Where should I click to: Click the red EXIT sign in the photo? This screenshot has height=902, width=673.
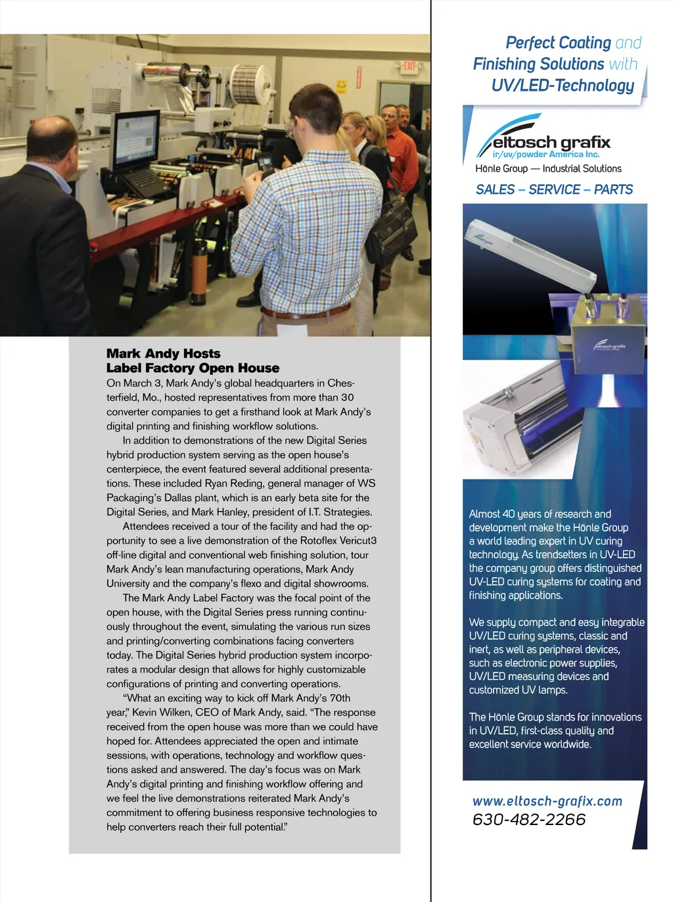coord(410,67)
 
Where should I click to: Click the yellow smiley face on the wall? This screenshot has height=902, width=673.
coord(341,85)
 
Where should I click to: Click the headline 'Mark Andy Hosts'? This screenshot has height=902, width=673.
coord(163,354)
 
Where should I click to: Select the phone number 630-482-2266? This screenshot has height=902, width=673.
coord(528,819)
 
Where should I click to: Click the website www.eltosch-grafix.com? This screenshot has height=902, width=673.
coord(547,801)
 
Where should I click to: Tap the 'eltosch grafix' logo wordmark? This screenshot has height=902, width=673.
coord(551,142)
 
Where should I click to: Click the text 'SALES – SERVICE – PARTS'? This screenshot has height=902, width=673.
coord(554,189)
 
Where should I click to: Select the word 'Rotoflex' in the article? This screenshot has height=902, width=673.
coord(300,540)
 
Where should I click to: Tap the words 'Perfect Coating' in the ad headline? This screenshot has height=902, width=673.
coord(558,43)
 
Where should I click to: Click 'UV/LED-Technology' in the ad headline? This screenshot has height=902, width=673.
coord(563,85)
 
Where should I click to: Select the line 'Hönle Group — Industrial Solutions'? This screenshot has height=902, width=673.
coord(548,168)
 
